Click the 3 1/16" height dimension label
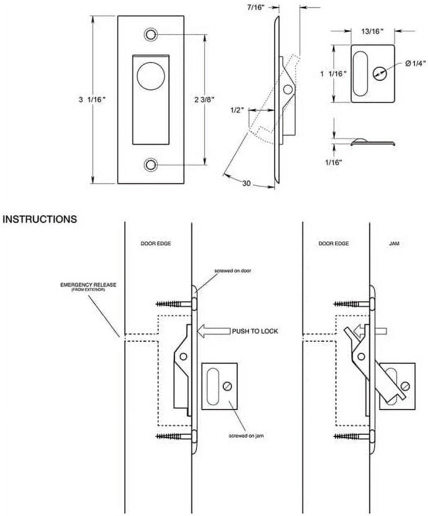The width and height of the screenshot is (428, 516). tap(92, 99)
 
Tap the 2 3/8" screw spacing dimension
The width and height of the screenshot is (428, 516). tap(204, 99)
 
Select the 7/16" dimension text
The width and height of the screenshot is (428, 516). tap(259, 7)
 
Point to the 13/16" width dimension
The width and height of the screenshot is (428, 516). tap(372, 31)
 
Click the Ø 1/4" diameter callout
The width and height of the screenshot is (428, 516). tap(415, 63)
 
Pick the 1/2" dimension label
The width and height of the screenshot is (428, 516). tap(236, 110)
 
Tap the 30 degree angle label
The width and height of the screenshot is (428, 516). tap(247, 183)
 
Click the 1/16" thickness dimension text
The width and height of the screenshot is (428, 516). tap(334, 162)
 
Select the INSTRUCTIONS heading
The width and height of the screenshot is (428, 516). tap(39, 219)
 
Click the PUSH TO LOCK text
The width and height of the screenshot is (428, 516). tap(255, 331)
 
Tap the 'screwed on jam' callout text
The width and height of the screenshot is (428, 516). tap(246, 436)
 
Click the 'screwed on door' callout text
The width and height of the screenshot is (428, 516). tap(233, 271)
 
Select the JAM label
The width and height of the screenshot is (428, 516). tap(394, 243)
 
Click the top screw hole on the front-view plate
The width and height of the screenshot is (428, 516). tap(151, 35)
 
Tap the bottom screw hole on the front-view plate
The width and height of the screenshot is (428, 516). tap(151, 165)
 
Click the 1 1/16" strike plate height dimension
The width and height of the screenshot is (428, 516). tap(334, 73)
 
